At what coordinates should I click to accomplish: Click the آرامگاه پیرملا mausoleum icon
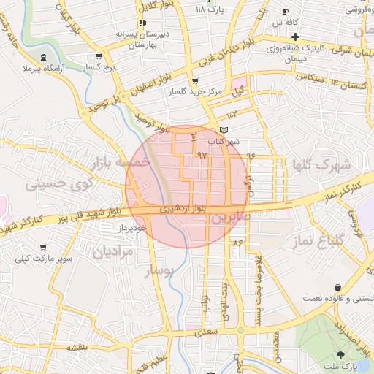point(45,57)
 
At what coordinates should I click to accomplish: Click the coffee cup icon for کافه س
point(285,11)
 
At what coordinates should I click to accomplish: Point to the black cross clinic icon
point(294,36)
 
